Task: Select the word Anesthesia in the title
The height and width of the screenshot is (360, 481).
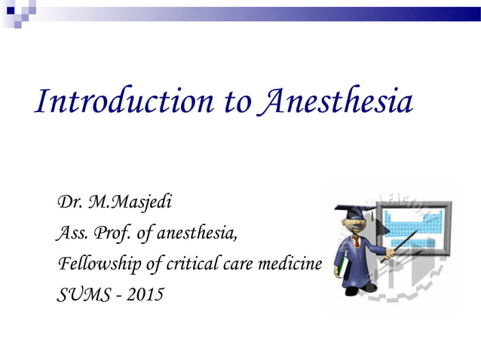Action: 335,102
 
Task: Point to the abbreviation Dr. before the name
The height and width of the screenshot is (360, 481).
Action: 70,202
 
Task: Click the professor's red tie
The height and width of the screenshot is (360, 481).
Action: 355,243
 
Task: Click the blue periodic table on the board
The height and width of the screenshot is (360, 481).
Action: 411,223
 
